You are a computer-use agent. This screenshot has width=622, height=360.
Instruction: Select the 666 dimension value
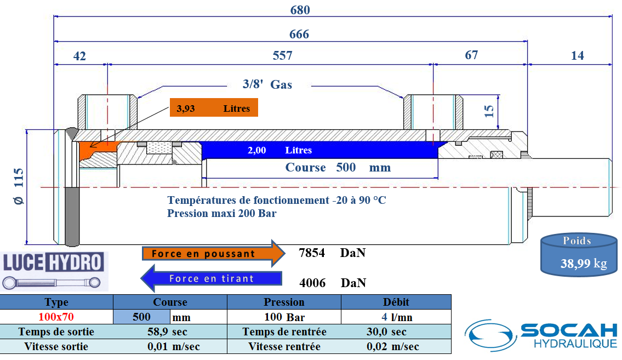[x=299, y=35]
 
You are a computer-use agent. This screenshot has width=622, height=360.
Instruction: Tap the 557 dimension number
[x=282, y=55]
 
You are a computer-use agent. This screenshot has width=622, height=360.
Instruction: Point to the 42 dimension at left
[x=79, y=56]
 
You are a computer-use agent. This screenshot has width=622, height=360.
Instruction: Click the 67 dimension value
[x=471, y=55]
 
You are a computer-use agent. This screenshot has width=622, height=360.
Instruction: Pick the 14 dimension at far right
[x=577, y=55]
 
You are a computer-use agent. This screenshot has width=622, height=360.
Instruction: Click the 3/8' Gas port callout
[x=267, y=84]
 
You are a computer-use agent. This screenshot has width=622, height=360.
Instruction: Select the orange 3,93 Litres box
[x=213, y=108]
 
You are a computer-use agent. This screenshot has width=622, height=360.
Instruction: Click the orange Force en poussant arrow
[x=212, y=254]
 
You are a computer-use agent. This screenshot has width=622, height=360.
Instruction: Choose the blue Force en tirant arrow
[x=212, y=278]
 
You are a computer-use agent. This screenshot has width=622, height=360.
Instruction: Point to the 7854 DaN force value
[x=332, y=253]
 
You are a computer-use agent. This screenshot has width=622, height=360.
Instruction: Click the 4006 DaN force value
[x=332, y=283]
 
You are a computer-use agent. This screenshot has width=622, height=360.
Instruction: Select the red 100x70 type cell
[x=56, y=317]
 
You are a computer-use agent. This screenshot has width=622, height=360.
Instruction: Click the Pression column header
[x=284, y=302]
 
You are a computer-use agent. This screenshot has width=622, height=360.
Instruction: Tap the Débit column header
[x=396, y=302]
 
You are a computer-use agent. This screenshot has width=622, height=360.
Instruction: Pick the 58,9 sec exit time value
[x=167, y=332]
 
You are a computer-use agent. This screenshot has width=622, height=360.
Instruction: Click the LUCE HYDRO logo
[x=54, y=271]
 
